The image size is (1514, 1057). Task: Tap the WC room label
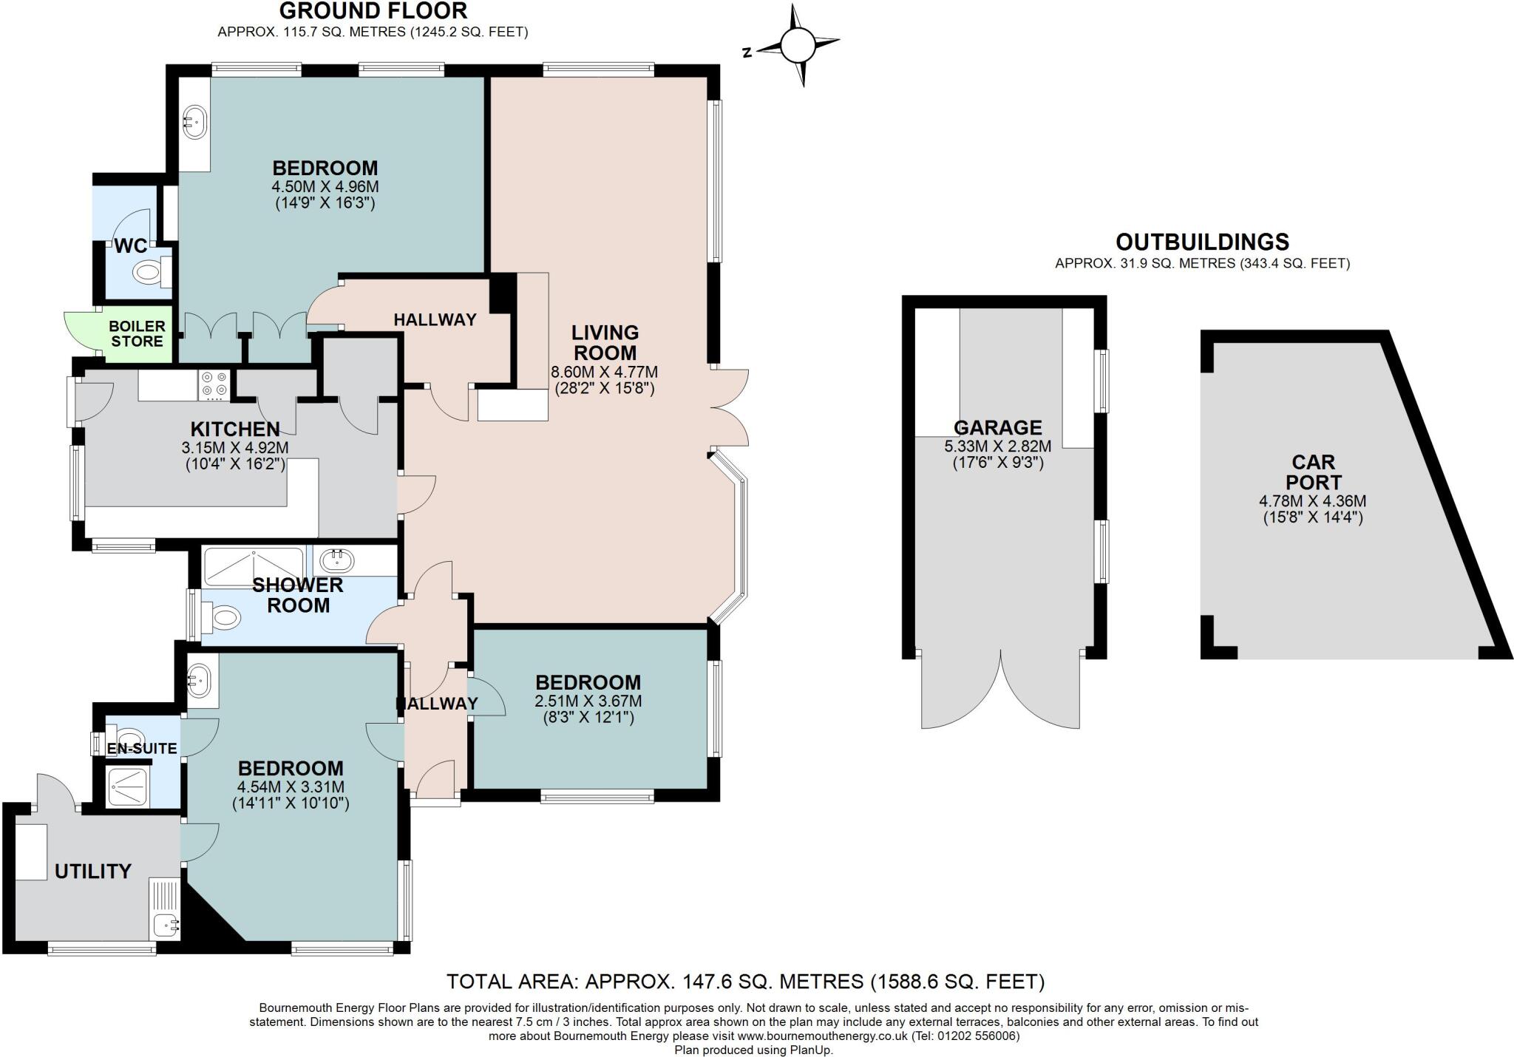(130, 246)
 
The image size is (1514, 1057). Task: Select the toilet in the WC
(149, 273)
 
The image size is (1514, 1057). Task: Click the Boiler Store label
(137, 333)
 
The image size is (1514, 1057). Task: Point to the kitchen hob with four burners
(214, 384)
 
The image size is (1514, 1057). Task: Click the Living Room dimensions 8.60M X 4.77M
(604, 372)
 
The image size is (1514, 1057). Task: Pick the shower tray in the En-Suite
(129, 786)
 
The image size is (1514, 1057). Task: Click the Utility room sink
(164, 924)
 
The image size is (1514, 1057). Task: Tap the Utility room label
(93, 871)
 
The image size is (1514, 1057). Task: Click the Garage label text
(997, 427)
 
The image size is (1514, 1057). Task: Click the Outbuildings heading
(1202, 242)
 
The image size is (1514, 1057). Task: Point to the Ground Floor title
(373, 11)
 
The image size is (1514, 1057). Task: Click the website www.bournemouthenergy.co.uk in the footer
(822, 1036)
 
